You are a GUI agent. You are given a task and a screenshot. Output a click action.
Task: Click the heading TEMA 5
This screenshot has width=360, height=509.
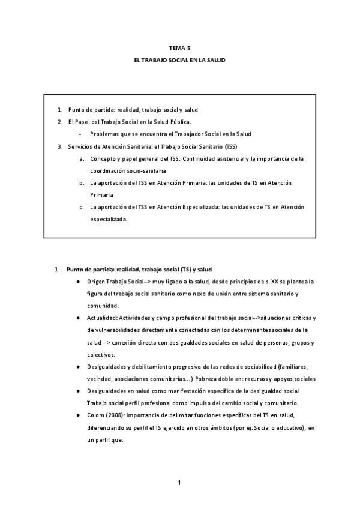(x=179, y=47)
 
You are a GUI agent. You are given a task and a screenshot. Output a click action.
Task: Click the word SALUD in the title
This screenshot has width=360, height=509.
(x=215, y=61)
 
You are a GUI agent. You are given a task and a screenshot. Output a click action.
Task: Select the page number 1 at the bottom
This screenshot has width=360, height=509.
(x=179, y=482)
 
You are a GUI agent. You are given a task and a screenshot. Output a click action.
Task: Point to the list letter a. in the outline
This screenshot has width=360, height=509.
(x=82, y=159)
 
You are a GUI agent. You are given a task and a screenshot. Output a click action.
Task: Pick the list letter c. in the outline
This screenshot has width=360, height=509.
(x=82, y=207)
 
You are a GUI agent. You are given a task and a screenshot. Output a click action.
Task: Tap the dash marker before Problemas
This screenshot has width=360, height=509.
(x=80, y=134)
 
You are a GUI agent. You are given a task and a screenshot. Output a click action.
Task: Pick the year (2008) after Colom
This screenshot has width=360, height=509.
(x=115, y=414)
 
